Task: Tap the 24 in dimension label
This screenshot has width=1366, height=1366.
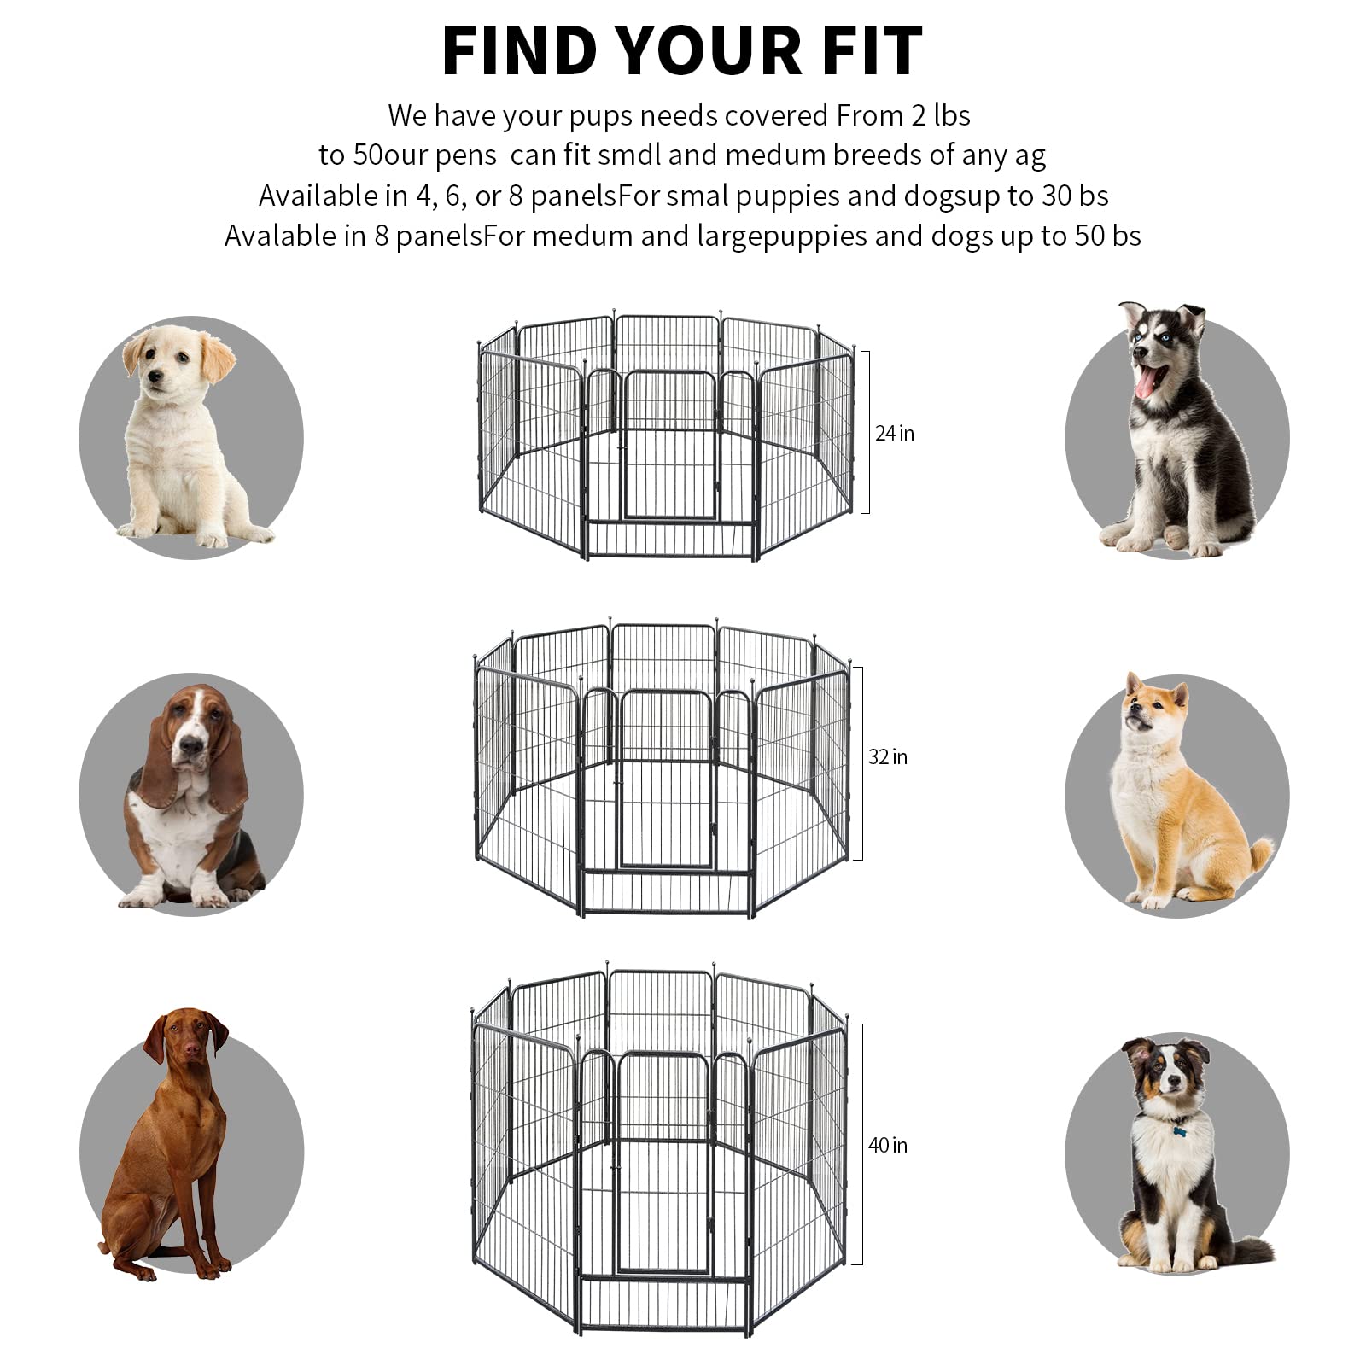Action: tap(894, 434)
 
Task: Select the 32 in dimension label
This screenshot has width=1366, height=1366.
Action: tap(888, 757)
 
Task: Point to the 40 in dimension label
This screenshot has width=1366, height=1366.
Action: tap(888, 1146)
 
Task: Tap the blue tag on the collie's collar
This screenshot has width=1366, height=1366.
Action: tap(1181, 1131)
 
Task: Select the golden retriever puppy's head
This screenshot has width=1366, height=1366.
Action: tap(175, 359)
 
